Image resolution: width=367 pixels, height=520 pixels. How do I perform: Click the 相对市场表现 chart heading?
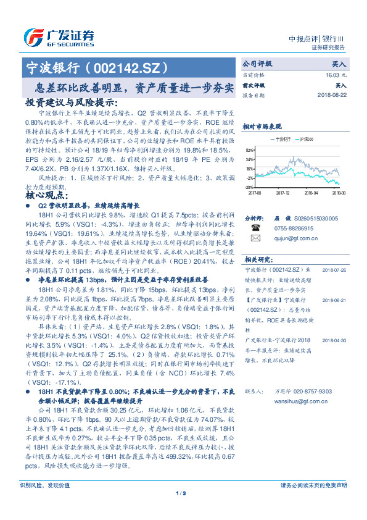click(261, 126)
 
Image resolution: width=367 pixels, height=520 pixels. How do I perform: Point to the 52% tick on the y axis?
click(249, 150)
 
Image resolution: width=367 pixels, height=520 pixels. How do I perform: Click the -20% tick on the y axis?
click(249, 187)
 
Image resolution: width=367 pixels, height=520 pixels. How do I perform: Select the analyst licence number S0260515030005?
click(315, 219)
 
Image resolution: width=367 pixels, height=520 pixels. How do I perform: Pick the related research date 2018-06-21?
click(332, 299)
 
